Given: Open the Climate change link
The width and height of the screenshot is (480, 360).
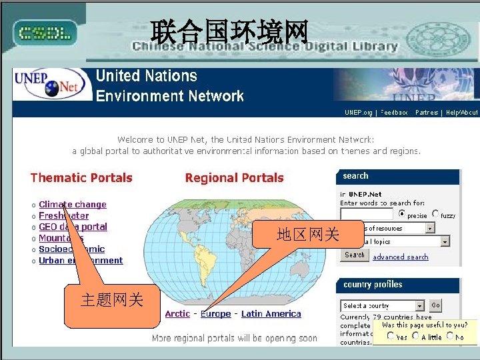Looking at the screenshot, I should coord(73,205).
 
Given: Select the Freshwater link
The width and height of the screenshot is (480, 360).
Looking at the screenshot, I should coord(64,216).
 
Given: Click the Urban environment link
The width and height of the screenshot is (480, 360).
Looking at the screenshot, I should coord(81,261).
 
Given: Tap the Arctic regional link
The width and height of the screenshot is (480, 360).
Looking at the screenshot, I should coord(177,314).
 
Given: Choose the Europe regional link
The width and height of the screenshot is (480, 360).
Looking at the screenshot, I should coord(216,314).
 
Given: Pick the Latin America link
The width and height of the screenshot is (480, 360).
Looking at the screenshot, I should coord(271,314).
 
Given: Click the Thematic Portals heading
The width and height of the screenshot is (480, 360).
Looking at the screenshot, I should coord(81,178).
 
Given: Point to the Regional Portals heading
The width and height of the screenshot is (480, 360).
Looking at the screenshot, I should coord(234,178).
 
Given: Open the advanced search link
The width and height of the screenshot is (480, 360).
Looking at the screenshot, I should coord(401,257).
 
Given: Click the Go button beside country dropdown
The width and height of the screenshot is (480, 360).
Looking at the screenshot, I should coord(436,305).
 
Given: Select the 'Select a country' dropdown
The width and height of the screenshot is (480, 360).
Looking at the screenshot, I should coord(382,306).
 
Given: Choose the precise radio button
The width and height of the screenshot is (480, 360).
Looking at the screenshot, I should coord(402,214).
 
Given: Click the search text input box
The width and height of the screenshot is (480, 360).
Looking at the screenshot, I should coord(366,215).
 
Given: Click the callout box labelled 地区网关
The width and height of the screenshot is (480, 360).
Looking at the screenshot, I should coord(308,235).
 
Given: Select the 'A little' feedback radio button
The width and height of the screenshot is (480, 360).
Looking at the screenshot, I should coord(415,336).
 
